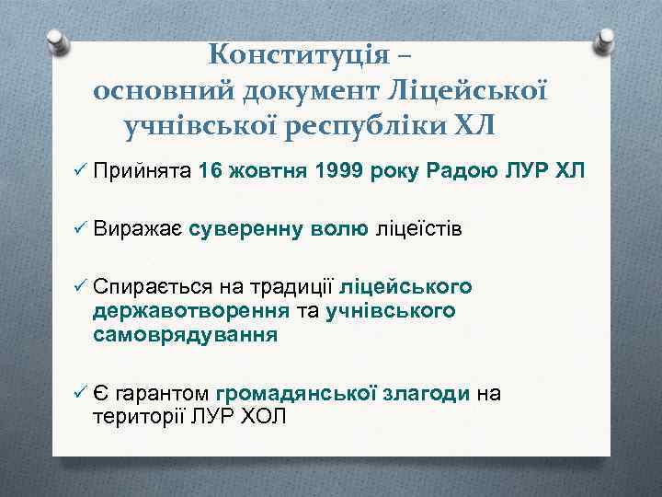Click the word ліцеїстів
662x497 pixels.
(417, 228)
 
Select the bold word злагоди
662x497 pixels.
(428, 394)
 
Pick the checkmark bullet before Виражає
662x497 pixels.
(77, 228)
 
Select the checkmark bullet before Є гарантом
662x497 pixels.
(77, 394)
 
